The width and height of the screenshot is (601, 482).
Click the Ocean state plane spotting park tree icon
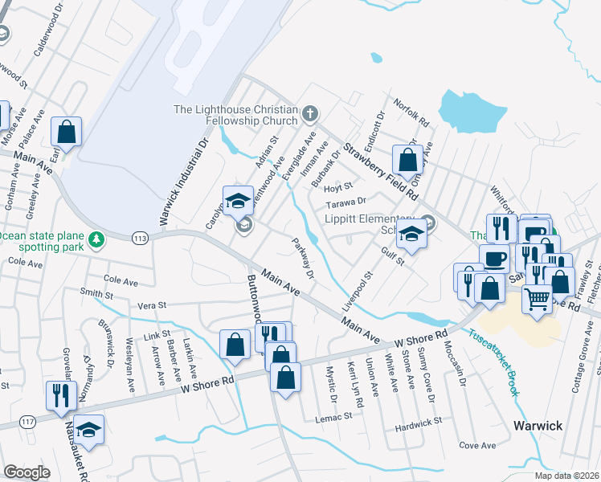click(96, 239)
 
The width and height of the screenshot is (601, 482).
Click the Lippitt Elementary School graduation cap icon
click(411, 232)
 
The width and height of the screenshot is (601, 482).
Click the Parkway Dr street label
click(303, 259)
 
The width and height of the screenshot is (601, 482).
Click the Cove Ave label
click(477, 445)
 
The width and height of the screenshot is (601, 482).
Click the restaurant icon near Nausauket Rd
click(60, 394)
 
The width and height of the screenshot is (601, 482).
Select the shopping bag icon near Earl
click(67, 131)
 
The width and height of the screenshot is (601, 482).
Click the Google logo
click(27, 472)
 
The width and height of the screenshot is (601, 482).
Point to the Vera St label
click(151, 305)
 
